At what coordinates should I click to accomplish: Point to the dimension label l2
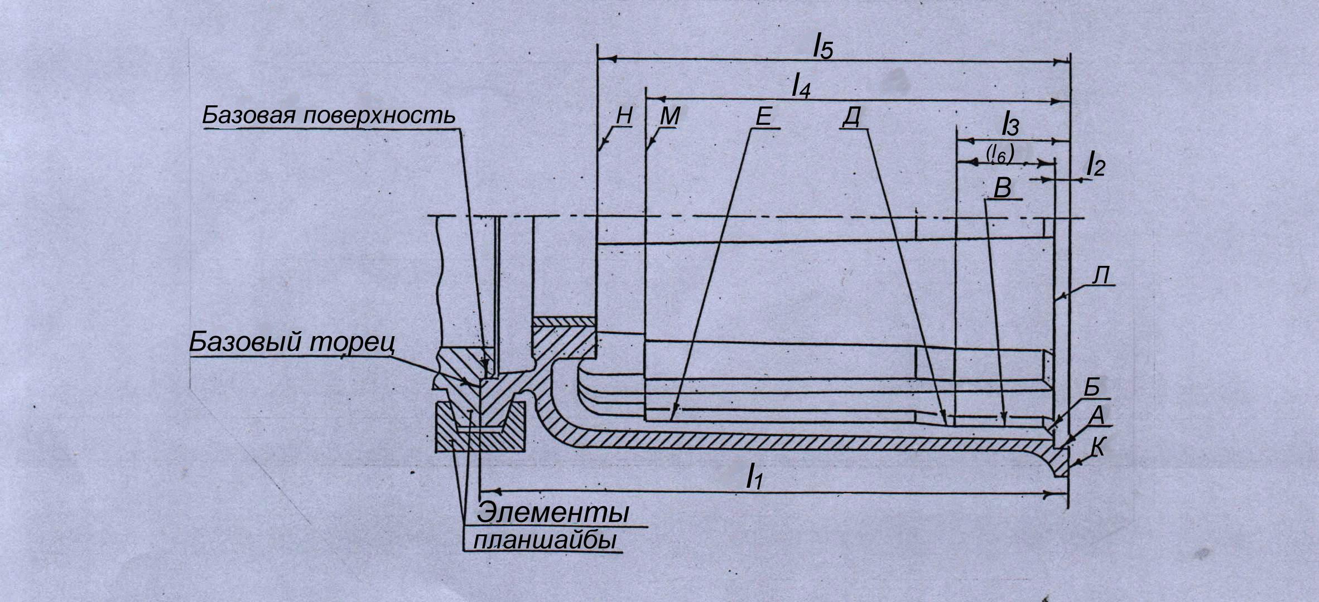coord(1095,166)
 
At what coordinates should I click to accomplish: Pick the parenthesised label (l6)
coord(999,153)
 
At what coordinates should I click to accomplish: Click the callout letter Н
coord(624,116)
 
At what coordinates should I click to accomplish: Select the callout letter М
coord(670,116)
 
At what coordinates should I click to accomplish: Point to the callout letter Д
coord(851,118)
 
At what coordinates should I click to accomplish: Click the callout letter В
coord(1003,188)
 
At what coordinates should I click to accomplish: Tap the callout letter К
coord(1097,448)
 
